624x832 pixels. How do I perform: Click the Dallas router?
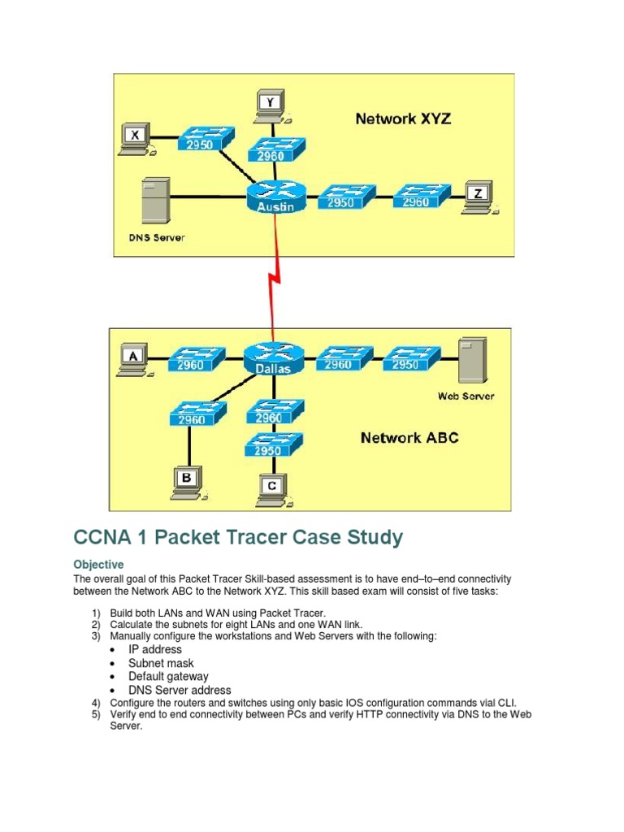coord(274,358)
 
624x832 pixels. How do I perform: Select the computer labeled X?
coord(135,139)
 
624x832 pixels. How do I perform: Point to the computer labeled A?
coord(133,358)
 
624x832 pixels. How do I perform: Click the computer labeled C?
coord(272,487)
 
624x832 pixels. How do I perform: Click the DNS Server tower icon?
coord(156,201)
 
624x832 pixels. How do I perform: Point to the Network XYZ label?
coord(402,119)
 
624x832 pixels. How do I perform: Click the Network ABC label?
coord(409,438)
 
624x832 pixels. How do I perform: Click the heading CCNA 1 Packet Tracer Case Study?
coord(237,537)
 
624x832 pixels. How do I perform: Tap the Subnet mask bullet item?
coord(161,663)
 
